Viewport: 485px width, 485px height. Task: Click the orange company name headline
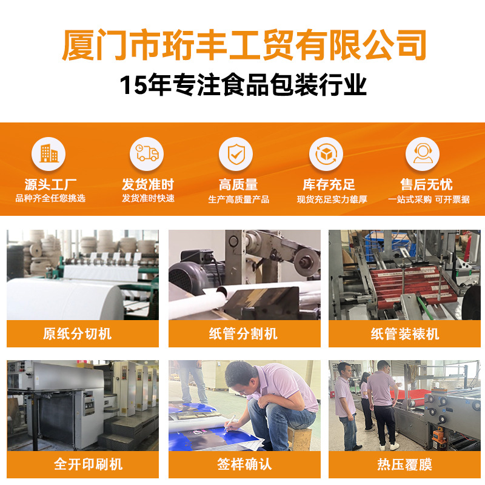(x=244, y=45)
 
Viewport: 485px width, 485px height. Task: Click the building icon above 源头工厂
(x=48, y=154)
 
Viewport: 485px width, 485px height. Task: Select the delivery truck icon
(x=147, y=153)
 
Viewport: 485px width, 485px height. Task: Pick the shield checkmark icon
(x=236, y=154)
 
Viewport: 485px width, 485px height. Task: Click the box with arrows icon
(x=326, y=154)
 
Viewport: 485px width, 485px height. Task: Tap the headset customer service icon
(x=423, y=153)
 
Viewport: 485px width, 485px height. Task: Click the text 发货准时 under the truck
(x=148, y=185)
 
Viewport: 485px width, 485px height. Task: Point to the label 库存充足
(x=329, y=185)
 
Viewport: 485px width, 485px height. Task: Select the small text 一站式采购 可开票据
(x=429, y=199)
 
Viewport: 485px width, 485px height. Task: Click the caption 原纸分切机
(x=77, y=334)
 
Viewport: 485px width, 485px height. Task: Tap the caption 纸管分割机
(x=243, y=334)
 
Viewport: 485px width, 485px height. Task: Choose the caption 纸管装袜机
(x=405, y=334)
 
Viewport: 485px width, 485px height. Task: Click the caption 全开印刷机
(x=88, y=464)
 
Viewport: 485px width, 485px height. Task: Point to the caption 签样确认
(x=244, y=464)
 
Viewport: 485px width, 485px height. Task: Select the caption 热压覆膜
(x=404, y=464)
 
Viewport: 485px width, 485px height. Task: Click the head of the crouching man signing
(x=239, y=377)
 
